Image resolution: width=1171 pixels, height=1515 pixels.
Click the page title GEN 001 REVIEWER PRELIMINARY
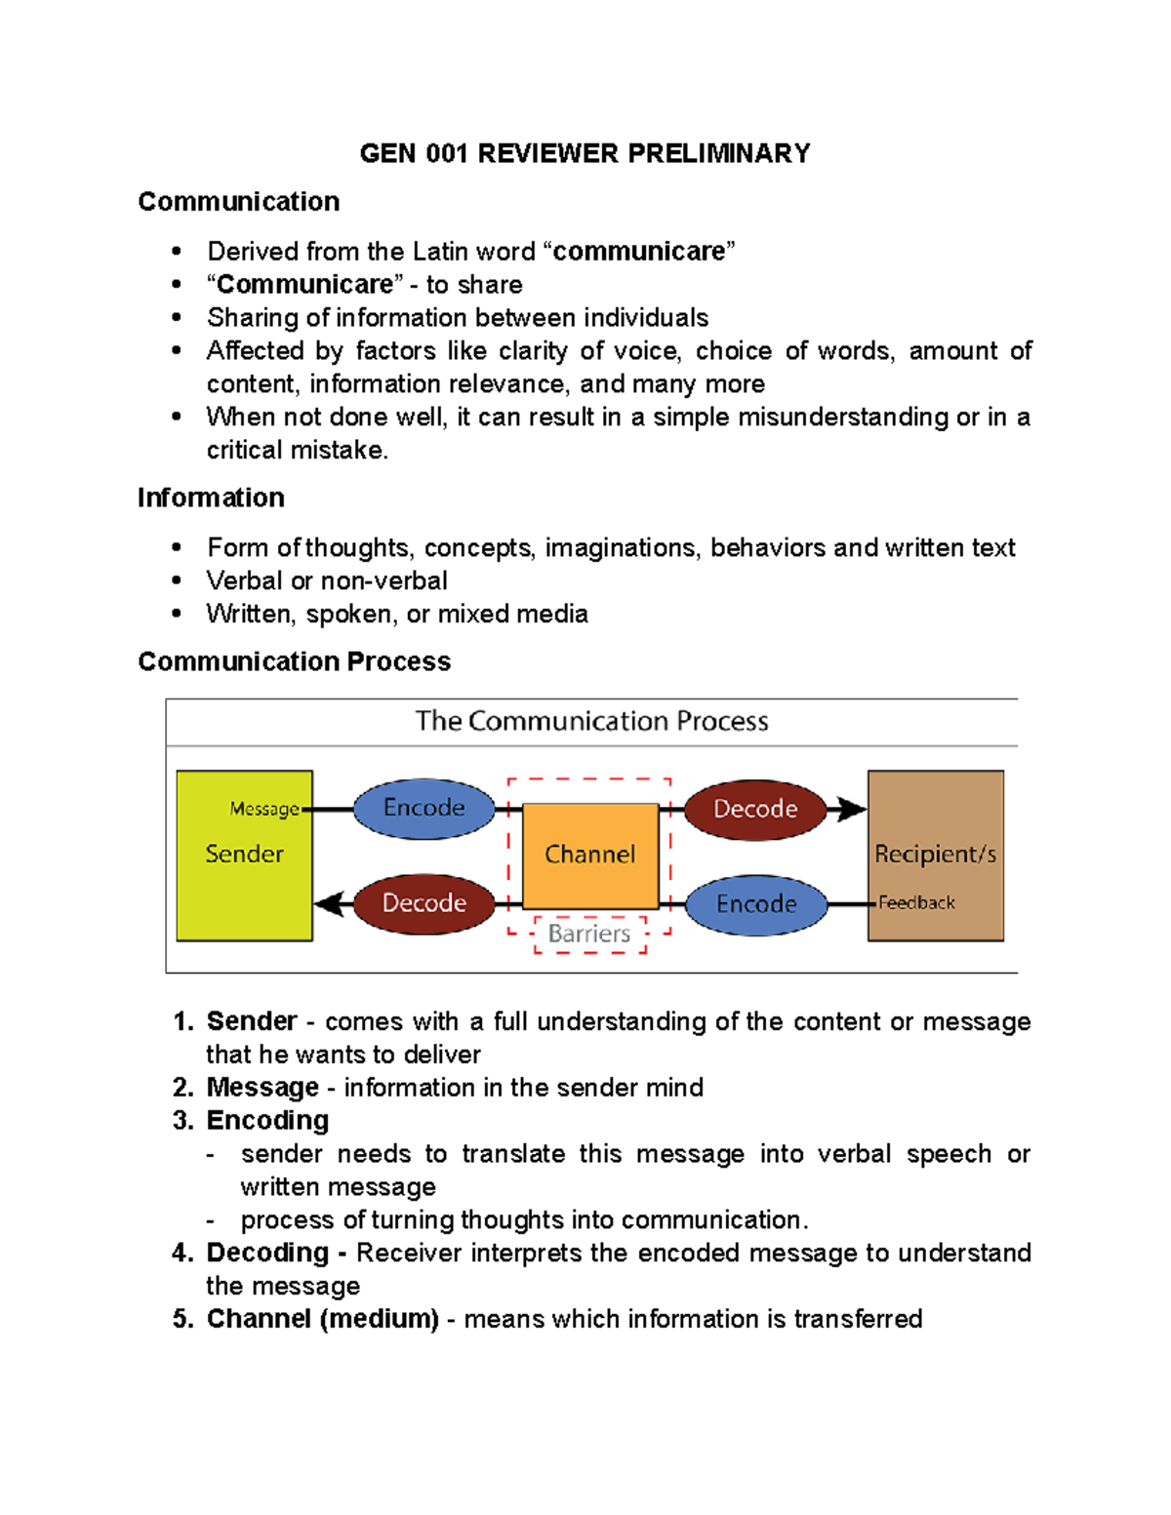[x=585, y=154]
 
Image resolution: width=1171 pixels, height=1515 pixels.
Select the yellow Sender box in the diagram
[x=244, y=878]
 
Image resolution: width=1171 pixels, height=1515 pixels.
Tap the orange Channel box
[x=590, y=856]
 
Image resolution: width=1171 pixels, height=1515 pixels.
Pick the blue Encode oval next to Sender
[x=424, y=808]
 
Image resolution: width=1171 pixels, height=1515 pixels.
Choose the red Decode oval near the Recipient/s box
[x=755, y=809]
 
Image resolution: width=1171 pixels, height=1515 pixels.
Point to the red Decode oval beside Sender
[x=424, y=903]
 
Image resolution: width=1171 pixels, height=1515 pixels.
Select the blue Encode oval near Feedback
[x=756, y=904]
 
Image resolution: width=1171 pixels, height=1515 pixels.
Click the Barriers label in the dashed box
[x=589, y=934]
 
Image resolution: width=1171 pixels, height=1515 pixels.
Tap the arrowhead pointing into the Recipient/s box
[x=852, y=809]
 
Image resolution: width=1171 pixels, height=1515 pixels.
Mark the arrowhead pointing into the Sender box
[x=329, y=903]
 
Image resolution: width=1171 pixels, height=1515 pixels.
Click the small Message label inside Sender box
[x=264, y=809]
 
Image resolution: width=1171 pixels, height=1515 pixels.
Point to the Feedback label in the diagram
[x=916, y=903]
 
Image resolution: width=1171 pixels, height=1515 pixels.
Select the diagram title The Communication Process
[x=591, y=721]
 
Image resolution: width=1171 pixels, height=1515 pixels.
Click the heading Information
[x=211, y=498]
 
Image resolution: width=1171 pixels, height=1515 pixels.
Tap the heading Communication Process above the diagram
[x=294, y=661]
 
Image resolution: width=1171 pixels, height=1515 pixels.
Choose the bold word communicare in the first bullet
[x=638, y=252]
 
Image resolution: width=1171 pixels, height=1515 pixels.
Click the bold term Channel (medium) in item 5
[x=322, y=1319]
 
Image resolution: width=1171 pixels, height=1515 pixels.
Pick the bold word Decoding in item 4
[x=267, y=1253]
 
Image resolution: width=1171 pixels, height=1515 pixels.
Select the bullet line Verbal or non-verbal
[x=327, y=580]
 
